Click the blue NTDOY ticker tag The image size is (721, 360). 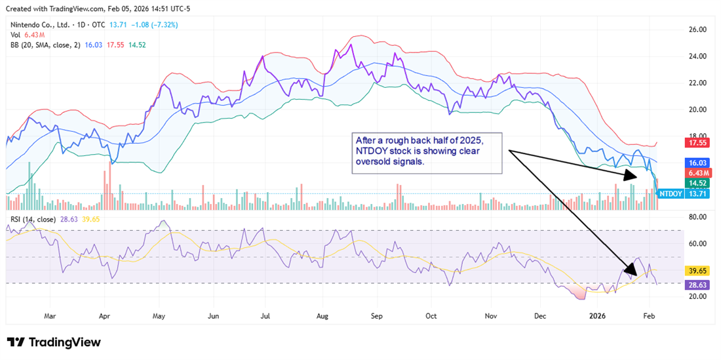(x=670, y=194)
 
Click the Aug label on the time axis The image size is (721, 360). (x=322, y=315)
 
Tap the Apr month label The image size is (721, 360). (x=104, y=315)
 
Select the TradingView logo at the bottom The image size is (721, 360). (x=54, y=342)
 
